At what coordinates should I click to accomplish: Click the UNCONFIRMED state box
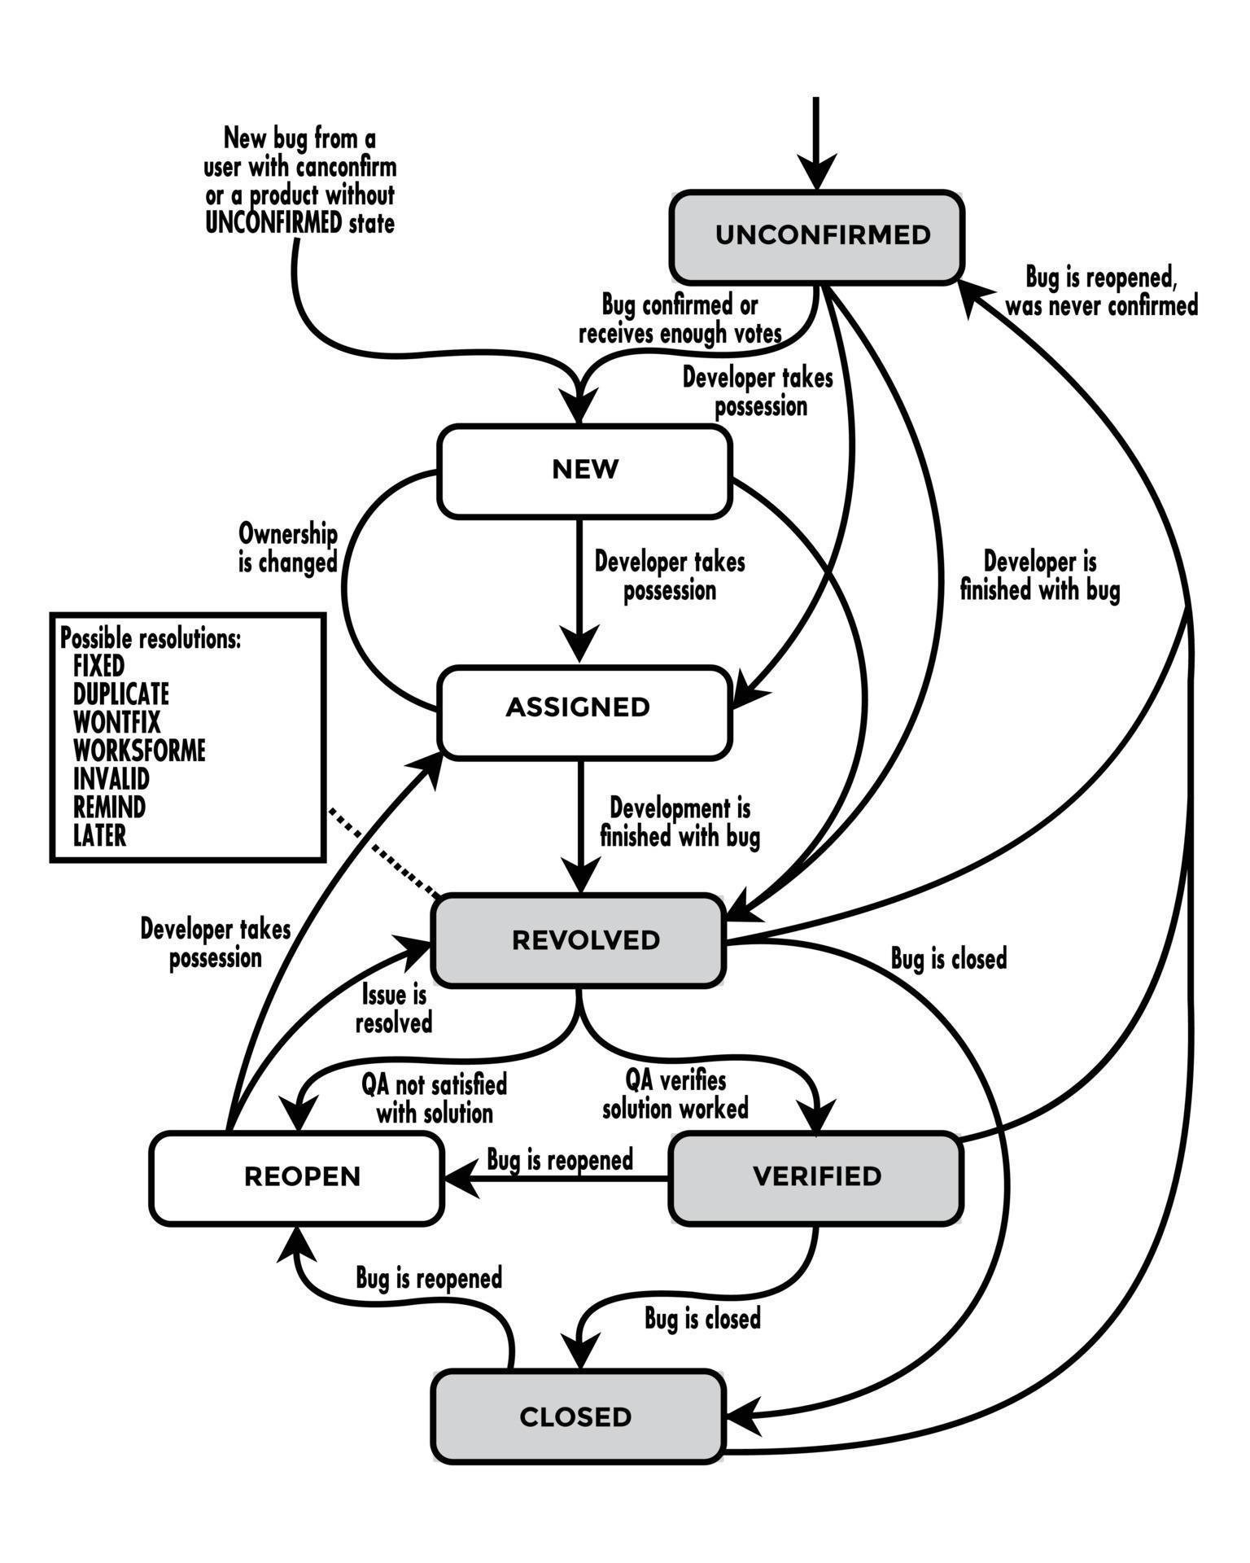(817, 237)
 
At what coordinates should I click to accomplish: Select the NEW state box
(584, 471)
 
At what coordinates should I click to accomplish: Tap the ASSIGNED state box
(584, 708)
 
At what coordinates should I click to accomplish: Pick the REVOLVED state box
(578, 941)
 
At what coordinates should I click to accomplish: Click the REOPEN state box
(297, 1177)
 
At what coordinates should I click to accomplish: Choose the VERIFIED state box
(816, 1177)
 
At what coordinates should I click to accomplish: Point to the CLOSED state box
(576, 1417)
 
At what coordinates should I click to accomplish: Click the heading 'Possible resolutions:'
(151, 639)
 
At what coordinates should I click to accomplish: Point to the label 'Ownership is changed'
(288, 549)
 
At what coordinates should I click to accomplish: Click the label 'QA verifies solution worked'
(675, 1096)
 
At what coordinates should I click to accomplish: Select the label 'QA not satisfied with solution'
(435, 1099)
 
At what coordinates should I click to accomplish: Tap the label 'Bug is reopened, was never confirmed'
(1101, 291)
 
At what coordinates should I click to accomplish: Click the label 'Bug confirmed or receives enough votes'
(680, 319)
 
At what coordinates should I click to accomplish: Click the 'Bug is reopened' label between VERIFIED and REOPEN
(560, 1160)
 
